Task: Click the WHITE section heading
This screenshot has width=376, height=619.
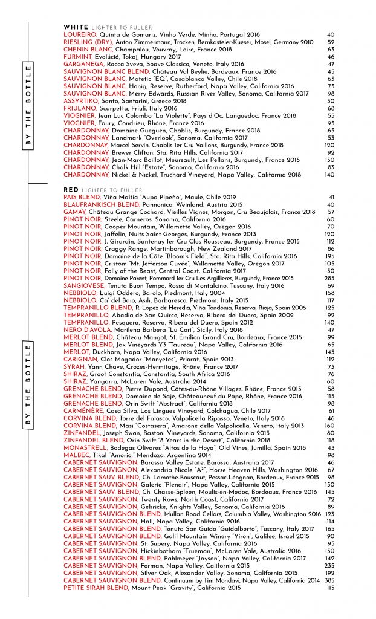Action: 76,28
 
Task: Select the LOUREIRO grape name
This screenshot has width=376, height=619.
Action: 80,35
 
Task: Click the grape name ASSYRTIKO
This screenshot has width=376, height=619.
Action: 82,100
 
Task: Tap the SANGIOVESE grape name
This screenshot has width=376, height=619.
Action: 83,285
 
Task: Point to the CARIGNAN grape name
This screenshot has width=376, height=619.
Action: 79,359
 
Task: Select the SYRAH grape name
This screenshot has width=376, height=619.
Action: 74,366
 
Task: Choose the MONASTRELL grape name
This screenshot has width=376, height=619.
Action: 84,447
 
